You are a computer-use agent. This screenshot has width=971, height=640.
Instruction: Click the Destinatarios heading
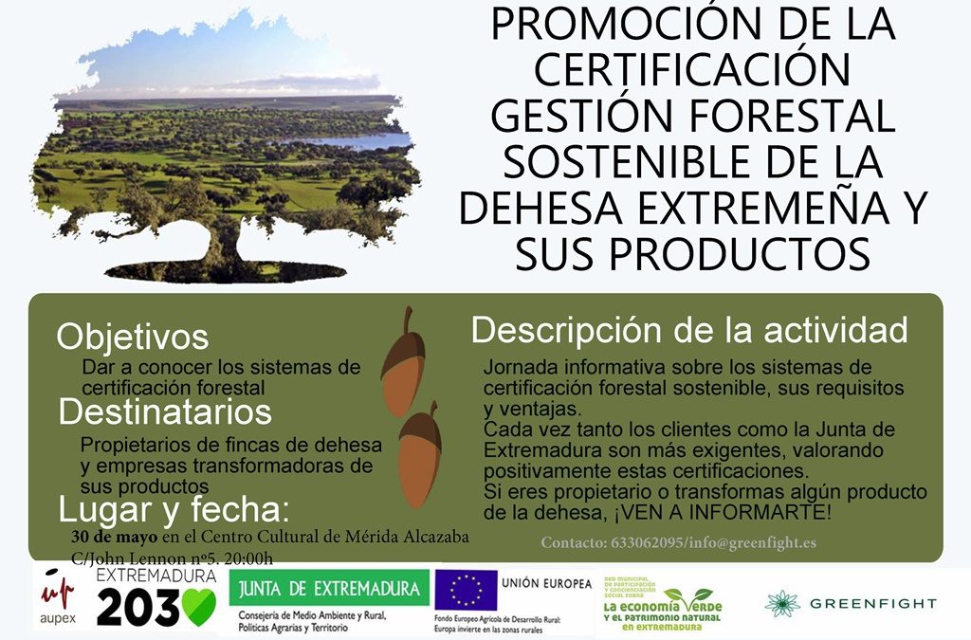(165, 411)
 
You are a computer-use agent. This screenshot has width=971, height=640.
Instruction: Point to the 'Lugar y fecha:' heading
(174, 509)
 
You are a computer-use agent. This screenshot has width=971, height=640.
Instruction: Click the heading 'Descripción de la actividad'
(689, 330)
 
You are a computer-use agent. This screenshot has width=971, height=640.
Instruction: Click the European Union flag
(467, 589)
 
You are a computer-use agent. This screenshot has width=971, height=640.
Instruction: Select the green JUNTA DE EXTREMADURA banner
(329, 588)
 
